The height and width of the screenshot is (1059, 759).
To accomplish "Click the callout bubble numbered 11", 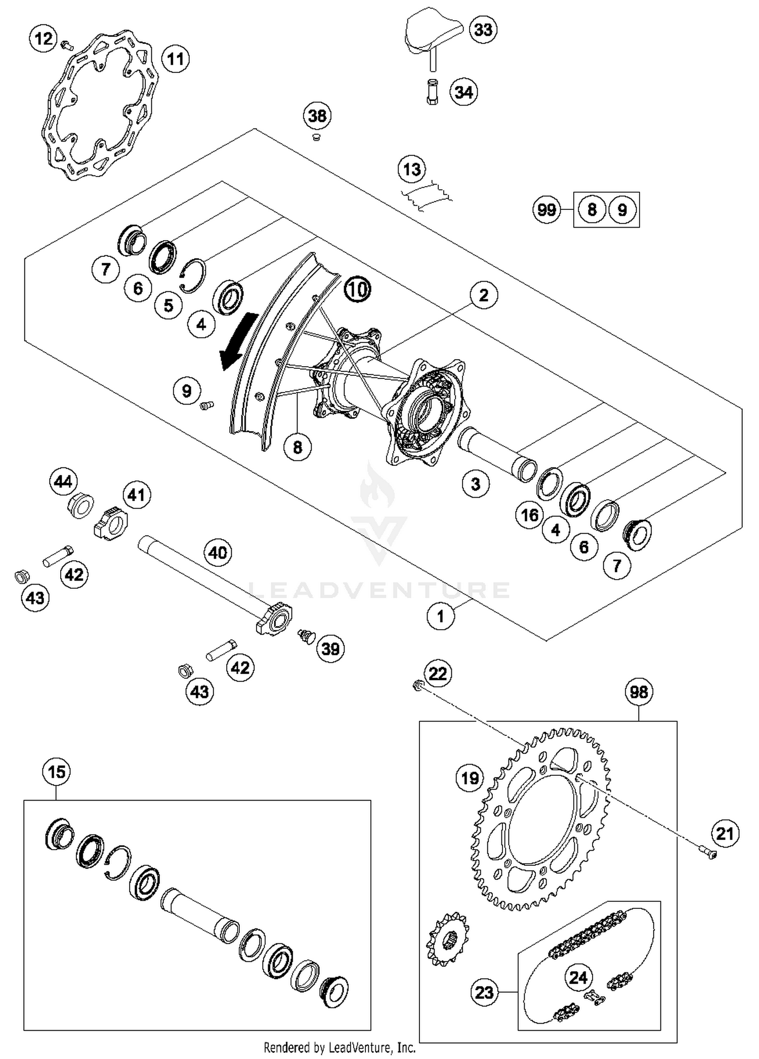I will tap(176, 59).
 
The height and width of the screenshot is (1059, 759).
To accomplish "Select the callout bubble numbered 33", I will tap(483, 29).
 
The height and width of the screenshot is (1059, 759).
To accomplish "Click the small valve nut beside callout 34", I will tap(433, 92).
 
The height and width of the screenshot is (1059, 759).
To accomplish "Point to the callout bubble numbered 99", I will tap(546, 209).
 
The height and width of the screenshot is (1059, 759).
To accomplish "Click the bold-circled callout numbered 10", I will tap(357, 289).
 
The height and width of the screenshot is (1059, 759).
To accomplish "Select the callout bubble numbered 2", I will tap(483, 295).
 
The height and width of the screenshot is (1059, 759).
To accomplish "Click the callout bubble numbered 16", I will tap(529, 515).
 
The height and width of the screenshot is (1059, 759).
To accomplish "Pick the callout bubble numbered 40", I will tap(218, 552).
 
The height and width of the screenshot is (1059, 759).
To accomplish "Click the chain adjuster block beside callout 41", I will tap(111, 522).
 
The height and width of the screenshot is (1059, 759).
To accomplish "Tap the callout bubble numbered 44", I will tap(63, 482).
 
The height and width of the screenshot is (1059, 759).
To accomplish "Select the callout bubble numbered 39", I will tap(330, 648).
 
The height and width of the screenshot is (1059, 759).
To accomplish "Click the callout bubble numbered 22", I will tap(438, 673).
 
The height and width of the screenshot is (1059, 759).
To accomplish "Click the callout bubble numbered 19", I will tap(470, 778).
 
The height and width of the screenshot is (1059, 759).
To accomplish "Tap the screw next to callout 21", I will tap(711, 854).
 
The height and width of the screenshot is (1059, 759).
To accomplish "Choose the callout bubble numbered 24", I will tap(578, 977).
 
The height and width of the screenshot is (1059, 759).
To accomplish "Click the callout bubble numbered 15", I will tap(56, 772).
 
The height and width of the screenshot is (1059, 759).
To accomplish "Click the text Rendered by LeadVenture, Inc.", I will tap(340, 1047).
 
